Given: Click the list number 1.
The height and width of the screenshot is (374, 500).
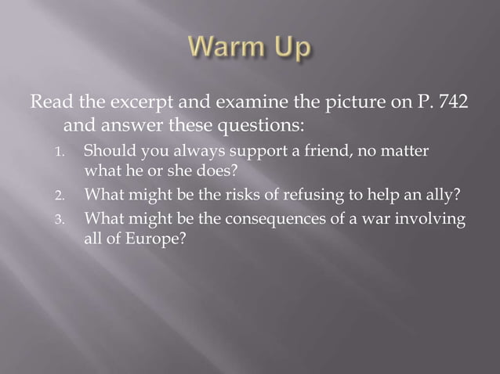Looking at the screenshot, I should [68, 151].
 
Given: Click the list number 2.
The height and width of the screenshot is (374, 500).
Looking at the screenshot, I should [68, 194].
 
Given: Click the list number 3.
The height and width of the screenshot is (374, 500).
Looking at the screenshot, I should [68, 218].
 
